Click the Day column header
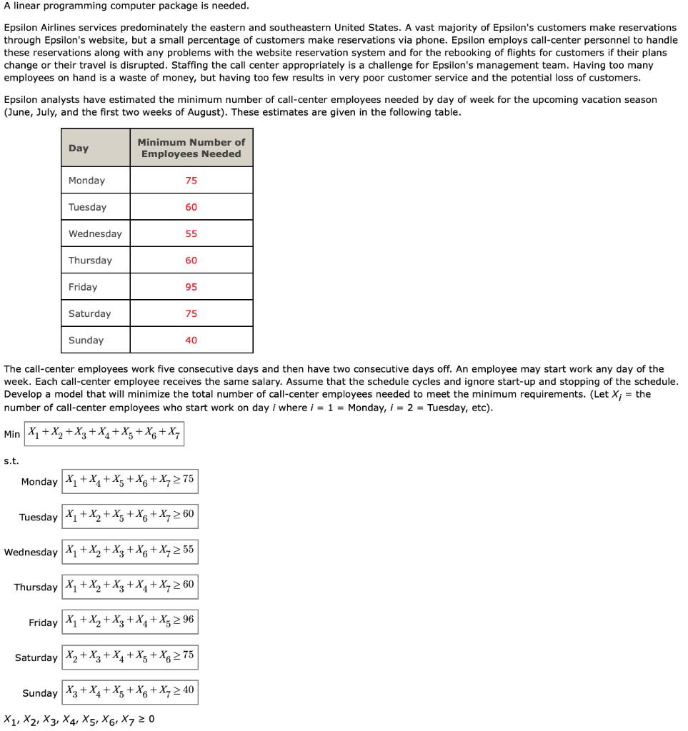point(79,148)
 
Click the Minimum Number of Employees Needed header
point(191,148)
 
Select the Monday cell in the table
point(87,181)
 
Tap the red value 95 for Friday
point(191,287)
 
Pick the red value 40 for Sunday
point(191,341)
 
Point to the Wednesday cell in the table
point(95,234)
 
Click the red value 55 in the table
point(191,234)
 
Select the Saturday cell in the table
point(90,314)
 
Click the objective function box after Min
point(104,433)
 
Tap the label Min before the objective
point(12,434)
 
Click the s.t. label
point(11,461)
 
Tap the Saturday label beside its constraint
point(36,657)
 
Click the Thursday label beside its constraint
point(36,588)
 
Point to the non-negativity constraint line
point(79,720)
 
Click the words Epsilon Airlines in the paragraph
point(40,27)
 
